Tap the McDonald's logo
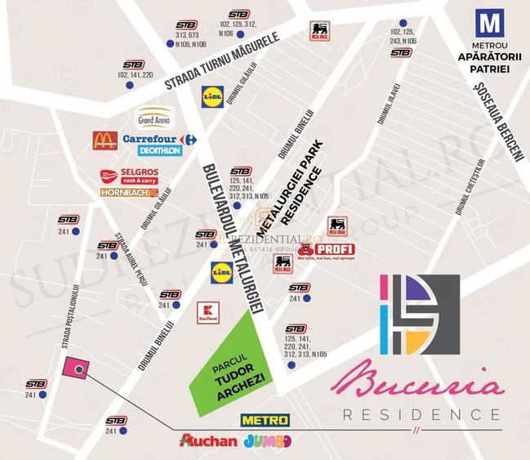[105, 140]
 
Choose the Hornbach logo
[128, 193]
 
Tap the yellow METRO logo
[265, 421]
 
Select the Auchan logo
[209, 441]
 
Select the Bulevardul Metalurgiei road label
[229, 237]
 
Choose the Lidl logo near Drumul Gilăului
[212, 97]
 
